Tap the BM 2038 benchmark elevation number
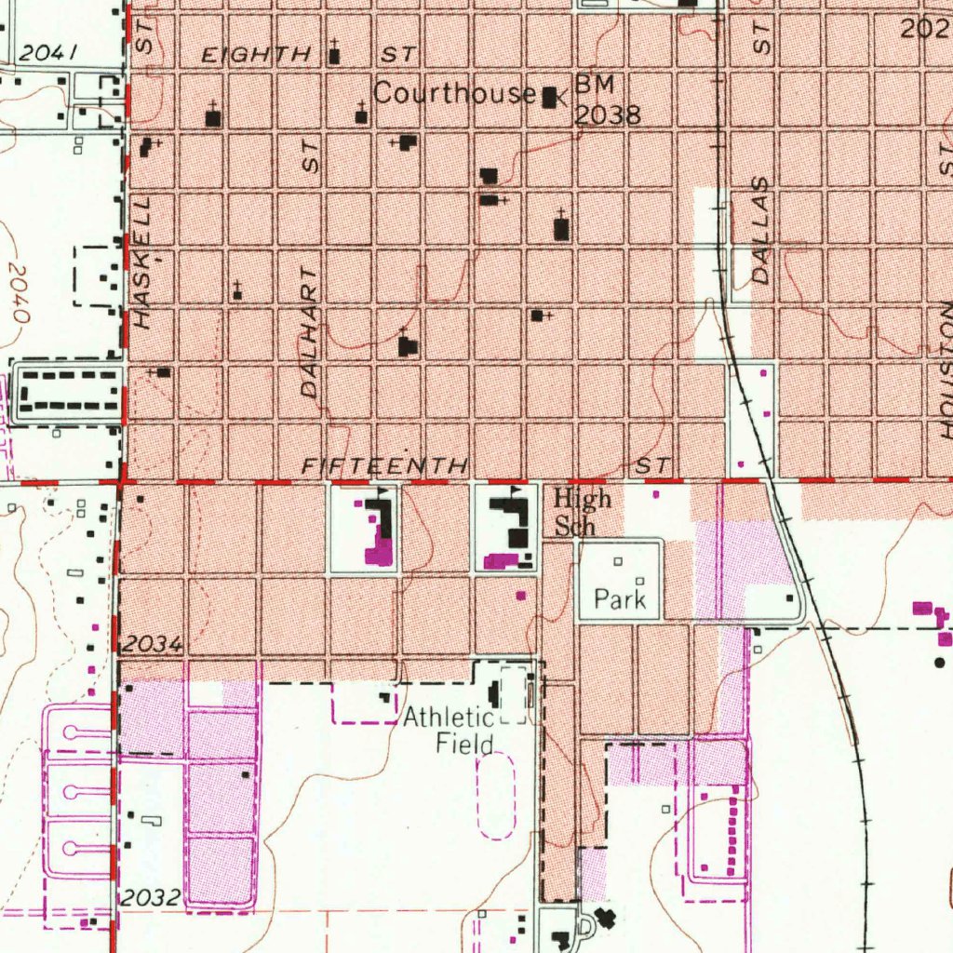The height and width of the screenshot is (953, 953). [607, 114]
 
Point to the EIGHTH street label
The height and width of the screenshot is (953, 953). [256, 55]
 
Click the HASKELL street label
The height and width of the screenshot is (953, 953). [141, 262]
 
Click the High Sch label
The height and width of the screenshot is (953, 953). [582, 512]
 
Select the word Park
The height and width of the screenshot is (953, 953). [620, 599]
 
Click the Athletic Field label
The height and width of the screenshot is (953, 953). [449, 731]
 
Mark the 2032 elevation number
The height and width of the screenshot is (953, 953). [150, 897]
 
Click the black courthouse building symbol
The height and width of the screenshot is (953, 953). [549, 96]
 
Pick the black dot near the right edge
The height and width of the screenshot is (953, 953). [939, 663]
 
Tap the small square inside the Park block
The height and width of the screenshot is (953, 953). [619, 561]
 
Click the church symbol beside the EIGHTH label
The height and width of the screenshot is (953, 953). [334, 54]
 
